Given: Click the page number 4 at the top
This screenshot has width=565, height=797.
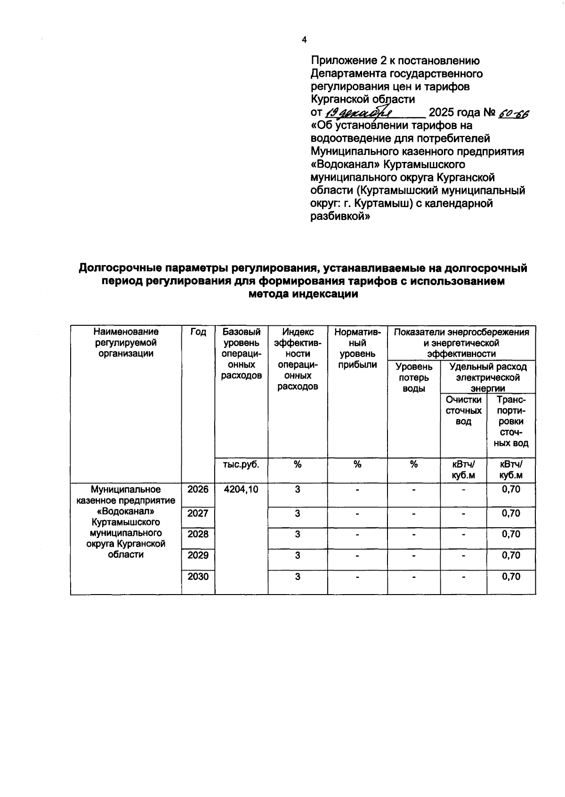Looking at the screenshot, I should tap(304, 40).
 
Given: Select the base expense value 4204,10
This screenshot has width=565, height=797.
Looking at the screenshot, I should tap(241, 490).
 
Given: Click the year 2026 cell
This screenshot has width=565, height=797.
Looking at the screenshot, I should tap(198, 490).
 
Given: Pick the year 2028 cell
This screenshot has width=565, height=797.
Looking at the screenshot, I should tap(198, 534).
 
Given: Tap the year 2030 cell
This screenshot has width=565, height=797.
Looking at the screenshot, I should tap(198, 577).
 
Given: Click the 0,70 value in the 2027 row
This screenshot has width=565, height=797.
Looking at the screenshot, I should tap(511, 514).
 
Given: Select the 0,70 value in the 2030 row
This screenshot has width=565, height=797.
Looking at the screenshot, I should tap(511, 577).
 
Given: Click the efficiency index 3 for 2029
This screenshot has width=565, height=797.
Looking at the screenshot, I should tap(298, 555).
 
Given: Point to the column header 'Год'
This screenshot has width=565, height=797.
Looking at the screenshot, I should tap(198, 332).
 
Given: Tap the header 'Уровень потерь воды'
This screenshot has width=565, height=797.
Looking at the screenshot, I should tap(413, 378).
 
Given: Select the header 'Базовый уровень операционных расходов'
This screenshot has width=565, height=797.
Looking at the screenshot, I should tap(241, 354).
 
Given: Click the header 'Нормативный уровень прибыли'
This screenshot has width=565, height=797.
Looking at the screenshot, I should tap(357, 348).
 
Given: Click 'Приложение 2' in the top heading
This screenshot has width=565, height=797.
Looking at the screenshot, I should tap(344, 61).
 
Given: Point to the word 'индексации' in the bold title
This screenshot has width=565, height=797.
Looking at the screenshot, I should tap(326, 294).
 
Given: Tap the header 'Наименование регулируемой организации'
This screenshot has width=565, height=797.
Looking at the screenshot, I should tap(126, 343).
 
